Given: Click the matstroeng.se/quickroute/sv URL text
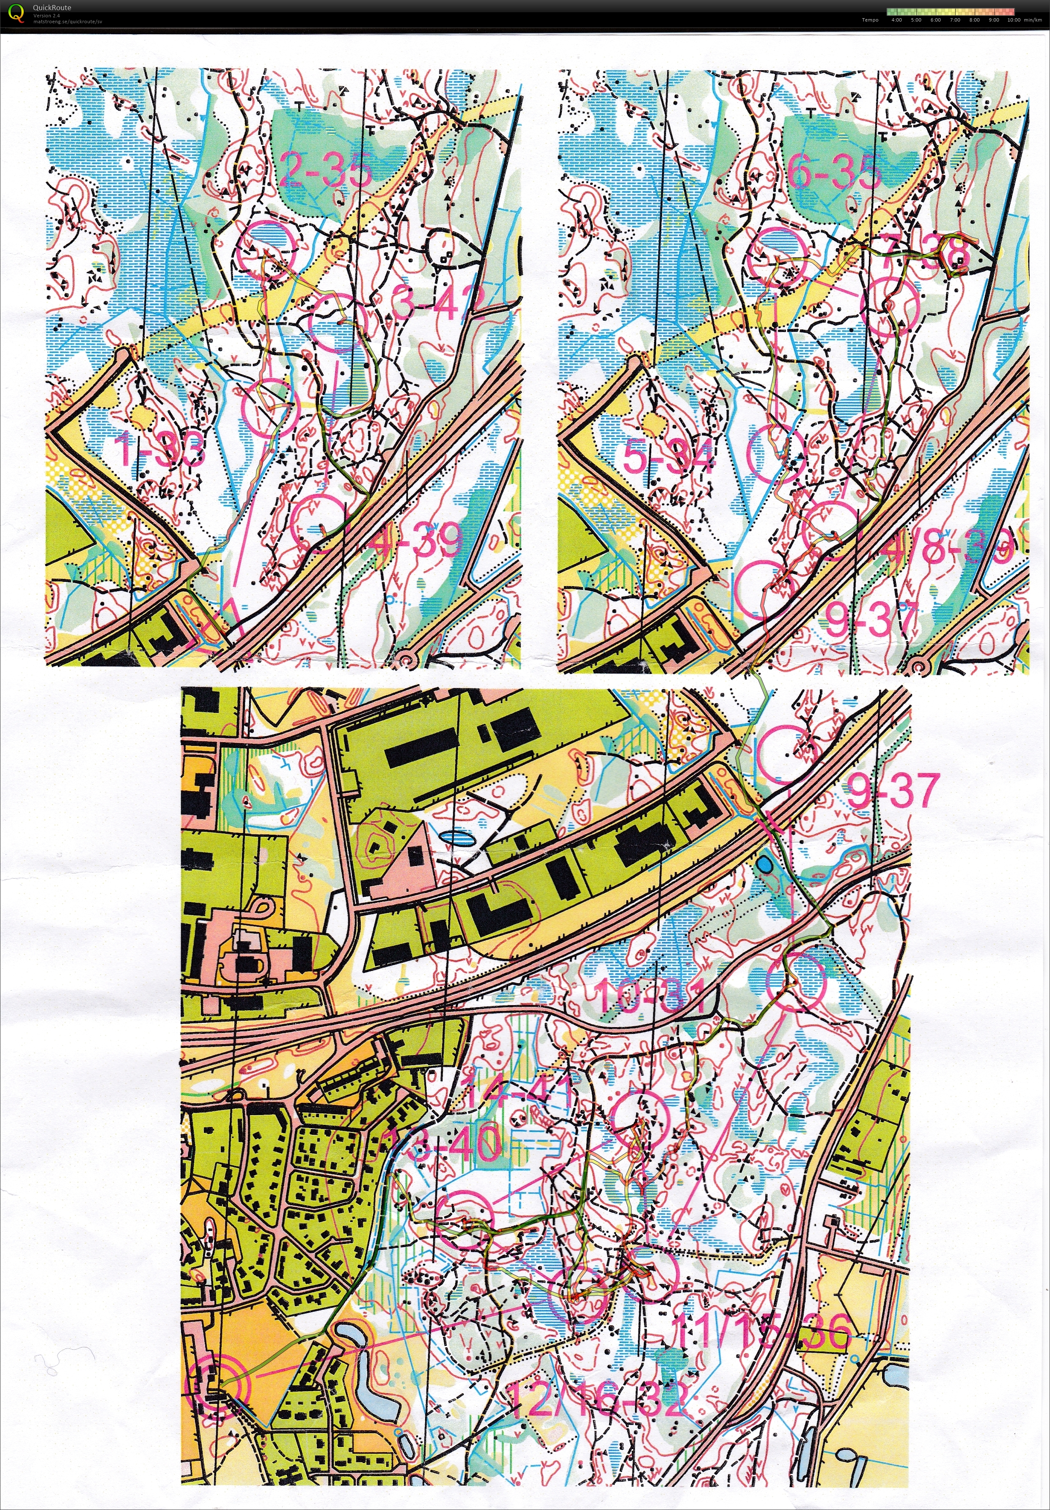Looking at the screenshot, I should pos(67,22).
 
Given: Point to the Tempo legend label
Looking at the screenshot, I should pos(870,20).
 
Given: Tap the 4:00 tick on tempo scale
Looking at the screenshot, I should pos(896,20).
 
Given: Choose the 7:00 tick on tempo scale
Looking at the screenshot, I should pos(955,20).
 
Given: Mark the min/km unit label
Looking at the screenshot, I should pos(1034,20).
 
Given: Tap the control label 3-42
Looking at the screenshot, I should pos(437,304).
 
